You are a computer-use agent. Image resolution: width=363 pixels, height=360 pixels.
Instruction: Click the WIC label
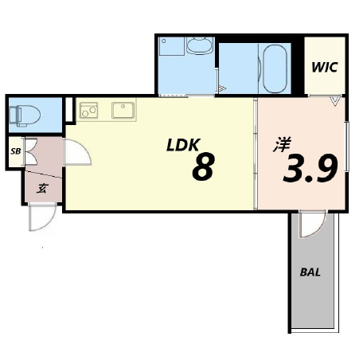click(x=325, y=67)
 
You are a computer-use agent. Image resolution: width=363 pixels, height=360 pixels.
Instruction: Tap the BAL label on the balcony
click(x=310, y=272)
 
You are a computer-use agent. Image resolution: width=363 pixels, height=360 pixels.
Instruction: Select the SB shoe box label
click(x=15, y=151)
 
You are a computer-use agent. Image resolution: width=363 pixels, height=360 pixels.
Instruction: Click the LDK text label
click(x=183, y=145)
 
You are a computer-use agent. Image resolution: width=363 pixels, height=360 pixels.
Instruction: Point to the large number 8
click(x=203, y=166)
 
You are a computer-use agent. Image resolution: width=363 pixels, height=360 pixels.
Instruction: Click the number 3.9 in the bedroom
click(x=310, y=168)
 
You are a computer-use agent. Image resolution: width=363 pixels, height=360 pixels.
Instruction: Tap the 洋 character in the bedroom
click(x=282, y=144)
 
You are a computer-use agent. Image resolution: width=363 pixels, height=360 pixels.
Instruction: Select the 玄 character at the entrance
click(x=42, y=188)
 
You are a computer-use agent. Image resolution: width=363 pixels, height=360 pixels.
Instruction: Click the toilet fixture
click(x=25, y=115)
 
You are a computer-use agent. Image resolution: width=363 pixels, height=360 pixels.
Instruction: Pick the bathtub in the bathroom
click(x=275, y=68)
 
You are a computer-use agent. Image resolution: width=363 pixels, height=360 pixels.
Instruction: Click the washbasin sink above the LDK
click(x=200, y=45)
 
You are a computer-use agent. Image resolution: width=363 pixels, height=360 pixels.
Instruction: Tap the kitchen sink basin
click(x=123, y=110)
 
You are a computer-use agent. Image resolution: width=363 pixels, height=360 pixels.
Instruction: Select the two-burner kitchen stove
click(x=89, y=110)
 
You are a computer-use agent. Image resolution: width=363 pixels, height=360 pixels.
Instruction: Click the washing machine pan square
click(x=172, y=46)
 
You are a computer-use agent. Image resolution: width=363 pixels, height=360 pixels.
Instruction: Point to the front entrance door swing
click(x=42, y=217)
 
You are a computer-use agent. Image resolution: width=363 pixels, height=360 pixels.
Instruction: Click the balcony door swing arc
click(x=313, y=225)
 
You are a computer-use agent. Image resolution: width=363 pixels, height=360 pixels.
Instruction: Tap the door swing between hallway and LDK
click(x=78, y=152)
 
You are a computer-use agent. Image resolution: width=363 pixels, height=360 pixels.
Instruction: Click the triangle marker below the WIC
click(x=335, y=102)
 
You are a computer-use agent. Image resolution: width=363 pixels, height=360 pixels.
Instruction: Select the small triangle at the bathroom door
click(x=222, y=88)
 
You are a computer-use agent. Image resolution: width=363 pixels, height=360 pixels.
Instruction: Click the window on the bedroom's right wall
click(x=347, y=147)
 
